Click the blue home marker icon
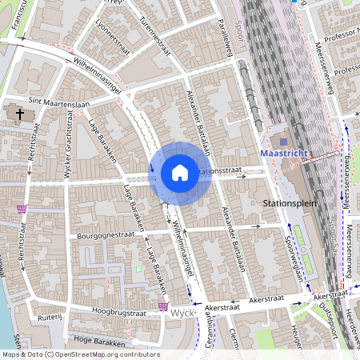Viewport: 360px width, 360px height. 180,173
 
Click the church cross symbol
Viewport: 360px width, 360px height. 20,114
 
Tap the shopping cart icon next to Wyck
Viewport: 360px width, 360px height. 163,306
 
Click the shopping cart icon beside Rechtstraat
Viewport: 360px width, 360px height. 21,209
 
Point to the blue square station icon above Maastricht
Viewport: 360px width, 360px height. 283,142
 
